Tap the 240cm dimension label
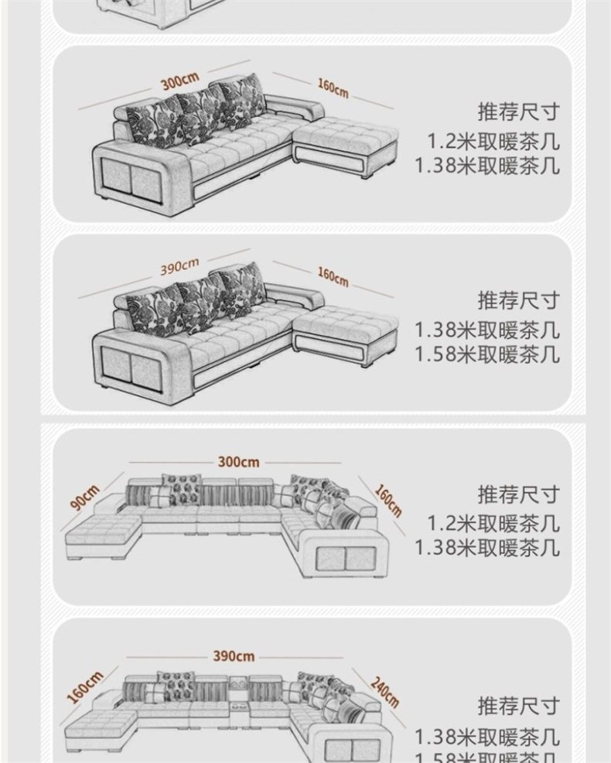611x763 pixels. tap(384, 692)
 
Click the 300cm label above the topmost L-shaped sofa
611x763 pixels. tap(179, 80)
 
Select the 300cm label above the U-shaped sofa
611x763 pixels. tap(238, 462)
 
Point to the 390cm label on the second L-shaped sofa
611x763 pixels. tap(179, 268)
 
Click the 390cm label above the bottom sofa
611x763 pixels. tap(234, 656)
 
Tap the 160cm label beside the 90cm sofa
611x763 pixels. tap(389, 499)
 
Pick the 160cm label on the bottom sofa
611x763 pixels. tap(85, 687)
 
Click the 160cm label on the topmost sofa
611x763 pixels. tap(333, 88)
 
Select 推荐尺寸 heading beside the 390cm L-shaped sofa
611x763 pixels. tap(517, 300)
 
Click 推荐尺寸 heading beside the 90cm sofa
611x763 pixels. tap(517, 494)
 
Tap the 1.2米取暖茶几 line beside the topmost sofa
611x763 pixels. tap(493, 142)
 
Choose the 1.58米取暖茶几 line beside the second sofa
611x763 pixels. tap(486, 354)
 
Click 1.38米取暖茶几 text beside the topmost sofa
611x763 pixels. tap(486, 166)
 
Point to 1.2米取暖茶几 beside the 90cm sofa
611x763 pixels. tap(493, 524)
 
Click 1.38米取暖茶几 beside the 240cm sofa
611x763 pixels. tap(486, 737)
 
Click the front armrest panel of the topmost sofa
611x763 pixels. tap(131, 180)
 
